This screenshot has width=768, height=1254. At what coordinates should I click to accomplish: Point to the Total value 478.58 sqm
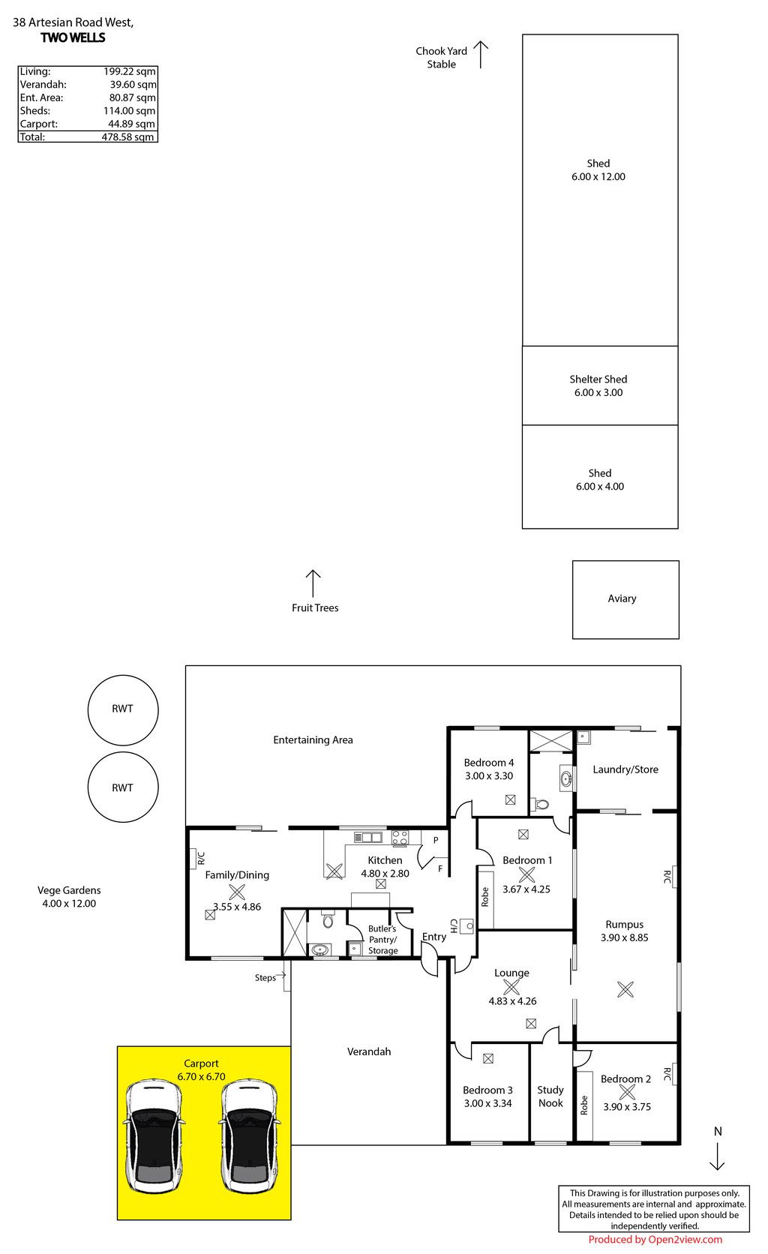point(127,136)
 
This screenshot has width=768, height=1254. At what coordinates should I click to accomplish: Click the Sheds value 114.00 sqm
point(129,111)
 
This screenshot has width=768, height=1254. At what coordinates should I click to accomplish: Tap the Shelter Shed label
point(598,379)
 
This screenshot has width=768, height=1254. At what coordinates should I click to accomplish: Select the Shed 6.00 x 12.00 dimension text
point(598,177)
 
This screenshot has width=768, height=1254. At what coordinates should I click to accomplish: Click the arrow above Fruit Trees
point(313,584)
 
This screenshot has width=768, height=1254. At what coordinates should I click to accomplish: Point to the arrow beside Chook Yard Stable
point(481,55)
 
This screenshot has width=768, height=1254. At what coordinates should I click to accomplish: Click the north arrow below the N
point(717,1156)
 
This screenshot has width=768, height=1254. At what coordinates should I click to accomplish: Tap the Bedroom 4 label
point(489,763)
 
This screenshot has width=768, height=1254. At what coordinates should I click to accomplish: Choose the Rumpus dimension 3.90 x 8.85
point(625,937)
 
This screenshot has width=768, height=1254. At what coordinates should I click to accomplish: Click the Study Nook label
point(550,1096)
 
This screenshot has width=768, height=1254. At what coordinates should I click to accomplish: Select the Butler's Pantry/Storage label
point(383,940)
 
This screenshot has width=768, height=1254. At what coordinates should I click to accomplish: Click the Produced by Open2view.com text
point(655,1240)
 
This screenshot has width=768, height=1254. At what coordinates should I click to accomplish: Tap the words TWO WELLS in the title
point(73,37)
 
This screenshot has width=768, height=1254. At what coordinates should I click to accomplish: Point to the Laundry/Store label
point(625,769)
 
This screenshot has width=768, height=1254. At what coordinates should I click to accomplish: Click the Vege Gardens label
point(69,890)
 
